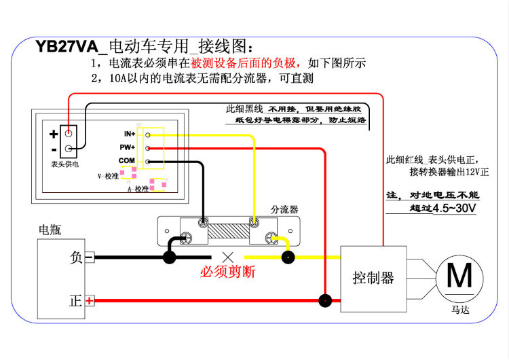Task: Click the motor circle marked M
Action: [x=459, y=276]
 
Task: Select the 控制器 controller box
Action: [x=373, y=277]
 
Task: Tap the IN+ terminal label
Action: [x=129, y=134]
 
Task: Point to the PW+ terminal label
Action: [x=128, y=147]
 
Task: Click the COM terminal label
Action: [x=127, y=161]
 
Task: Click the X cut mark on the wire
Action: [x=228, y=257]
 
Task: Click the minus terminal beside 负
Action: [x=89, y=257]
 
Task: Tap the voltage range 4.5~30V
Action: [x=453, y=209]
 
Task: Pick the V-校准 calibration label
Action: [x=108, y=176]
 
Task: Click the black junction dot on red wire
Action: [x=326, y=300]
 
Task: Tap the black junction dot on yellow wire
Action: [x=288, y=257]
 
